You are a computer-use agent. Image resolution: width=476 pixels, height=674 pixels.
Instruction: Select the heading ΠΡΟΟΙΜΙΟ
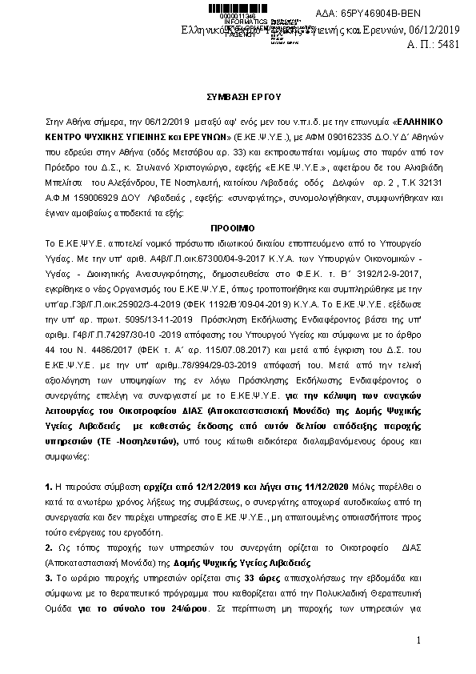pos(238,227)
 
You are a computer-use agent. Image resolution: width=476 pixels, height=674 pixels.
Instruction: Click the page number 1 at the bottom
pos(418,641)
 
